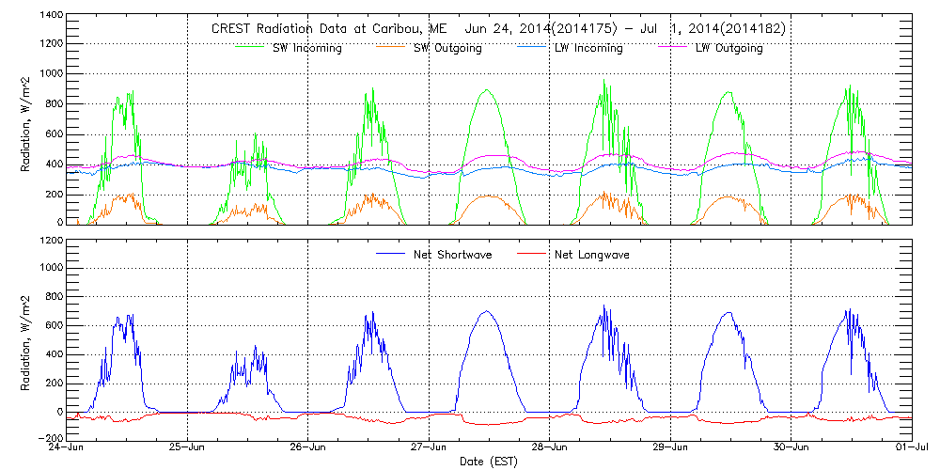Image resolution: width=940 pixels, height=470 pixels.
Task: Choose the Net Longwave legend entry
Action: click(x=592, y=255)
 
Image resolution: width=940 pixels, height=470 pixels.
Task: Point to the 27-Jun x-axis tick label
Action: click(x=429, y=448)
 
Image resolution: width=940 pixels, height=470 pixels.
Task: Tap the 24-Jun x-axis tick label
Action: click(x=66, y=448)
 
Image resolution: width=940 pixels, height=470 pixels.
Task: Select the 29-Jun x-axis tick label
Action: click(x=670, y=448)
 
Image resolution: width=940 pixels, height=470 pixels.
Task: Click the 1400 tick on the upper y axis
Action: click(x=52, y=16)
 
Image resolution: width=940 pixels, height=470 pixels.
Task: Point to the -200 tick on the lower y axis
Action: click(x=52, y=438)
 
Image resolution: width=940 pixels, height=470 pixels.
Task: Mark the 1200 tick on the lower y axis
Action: click(x=52, y=241)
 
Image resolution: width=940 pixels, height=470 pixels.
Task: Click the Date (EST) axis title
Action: click(x=489, y=462)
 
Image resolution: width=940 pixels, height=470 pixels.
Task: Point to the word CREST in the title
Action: click(x=232, y=28)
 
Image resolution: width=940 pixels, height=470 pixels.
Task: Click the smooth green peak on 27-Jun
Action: click(x=485, y=90)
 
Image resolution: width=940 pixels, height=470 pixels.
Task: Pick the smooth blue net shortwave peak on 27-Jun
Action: click(x=486, y=311)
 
